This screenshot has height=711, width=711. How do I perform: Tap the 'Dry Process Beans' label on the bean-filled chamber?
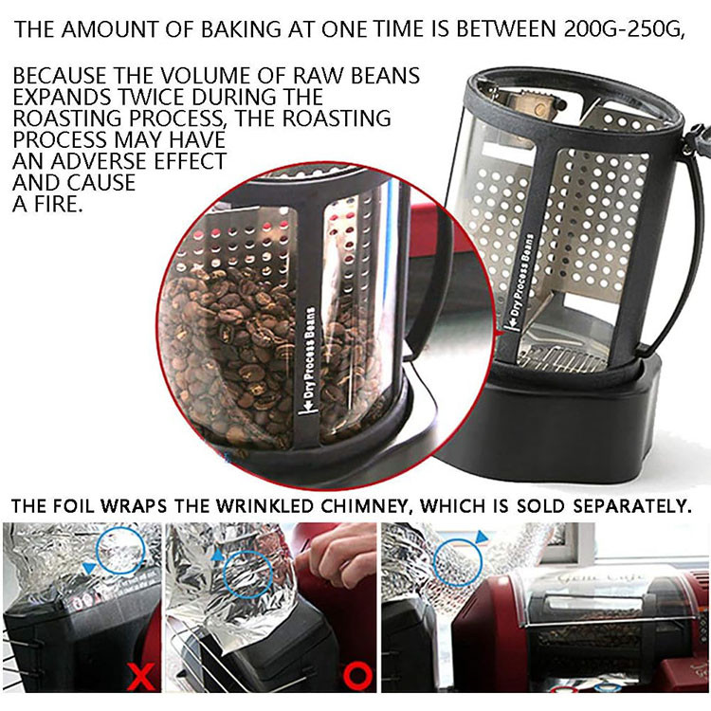(311, 360)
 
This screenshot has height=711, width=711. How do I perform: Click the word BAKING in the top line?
(241, 29)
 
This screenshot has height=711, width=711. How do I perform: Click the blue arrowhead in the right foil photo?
(481, 538)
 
